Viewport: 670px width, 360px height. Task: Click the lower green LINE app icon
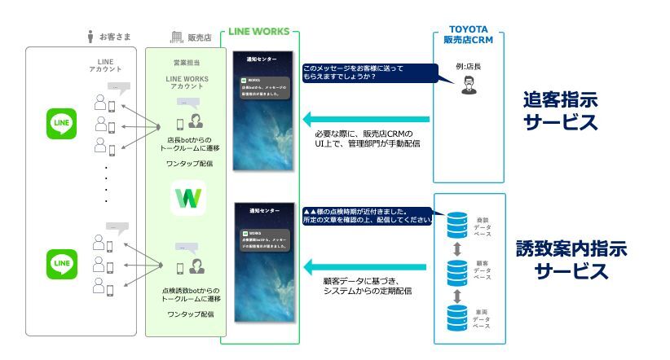[x=62, y=263]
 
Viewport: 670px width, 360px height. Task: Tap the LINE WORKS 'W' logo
[x=187, y=199]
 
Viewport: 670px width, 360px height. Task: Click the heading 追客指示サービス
[x=561, y=111]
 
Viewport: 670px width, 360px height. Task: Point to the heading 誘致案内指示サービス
[x=571, y=260]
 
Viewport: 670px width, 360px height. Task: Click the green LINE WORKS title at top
[x=259, y=31]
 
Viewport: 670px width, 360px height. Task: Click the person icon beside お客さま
[x=90, y=36]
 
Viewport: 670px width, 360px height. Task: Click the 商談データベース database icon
[x=459, y=222]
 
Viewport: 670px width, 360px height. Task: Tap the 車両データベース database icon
[x=459, y=314]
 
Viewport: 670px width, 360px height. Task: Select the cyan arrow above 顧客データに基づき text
[x=363, y=266]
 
